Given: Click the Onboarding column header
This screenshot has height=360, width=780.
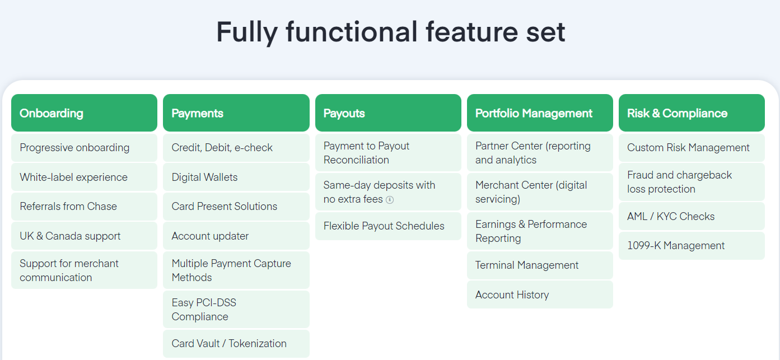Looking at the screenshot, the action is pyautogui.click(x=84, y=113).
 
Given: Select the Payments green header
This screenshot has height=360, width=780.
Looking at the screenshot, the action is pyautogui.click(x=236, y=113).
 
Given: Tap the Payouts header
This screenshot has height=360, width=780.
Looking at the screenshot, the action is pyautogui.click(x=388, y=113).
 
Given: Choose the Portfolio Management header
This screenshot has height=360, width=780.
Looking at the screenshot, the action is pyautogui.click(x=540, y=113).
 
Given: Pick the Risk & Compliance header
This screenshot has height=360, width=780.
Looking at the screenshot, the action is pyautogui.click(x=692, y=113).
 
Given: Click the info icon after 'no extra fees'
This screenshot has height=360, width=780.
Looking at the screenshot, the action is pyautogui.click(x=390, y=200).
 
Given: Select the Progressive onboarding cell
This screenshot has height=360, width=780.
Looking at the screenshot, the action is pyautogui.click(x=84, y=148).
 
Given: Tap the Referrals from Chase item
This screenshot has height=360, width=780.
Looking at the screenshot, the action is pyautogui.click(x=84, y=207).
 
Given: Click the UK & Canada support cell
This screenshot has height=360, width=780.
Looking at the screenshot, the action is pyautogui.click(x=84, y=236).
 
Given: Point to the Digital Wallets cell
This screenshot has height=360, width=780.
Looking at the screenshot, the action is pyautogui.click(x=236, y=177).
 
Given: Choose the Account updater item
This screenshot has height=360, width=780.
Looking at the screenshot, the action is pyautogui.click(x=236, y=236).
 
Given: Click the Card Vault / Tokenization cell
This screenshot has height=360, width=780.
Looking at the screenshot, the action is pyautogui.click(x=236, y=344).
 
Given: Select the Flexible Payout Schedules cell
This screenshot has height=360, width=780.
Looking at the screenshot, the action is pyautogui.click(x=388, y=226).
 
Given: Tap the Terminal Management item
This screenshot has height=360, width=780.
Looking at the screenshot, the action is pyautogui.click(x=540, y=265).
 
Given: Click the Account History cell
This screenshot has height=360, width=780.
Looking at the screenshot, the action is pyautogui.click(x=540, y=295).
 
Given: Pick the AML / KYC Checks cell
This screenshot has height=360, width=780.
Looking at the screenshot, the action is pyautogui.click(x=692, y=217).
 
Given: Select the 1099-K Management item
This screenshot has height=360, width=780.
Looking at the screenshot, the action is pyautogui.click(x=692, y=246).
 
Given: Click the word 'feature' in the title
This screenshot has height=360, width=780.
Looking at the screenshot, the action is pyautogui.click(x=472, y=32).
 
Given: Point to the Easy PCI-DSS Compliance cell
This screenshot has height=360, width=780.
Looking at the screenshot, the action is pyautogui.click(x=236, y=310).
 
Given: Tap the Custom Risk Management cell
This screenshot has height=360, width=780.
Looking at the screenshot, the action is pyautogui.click(x=692, y=148).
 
